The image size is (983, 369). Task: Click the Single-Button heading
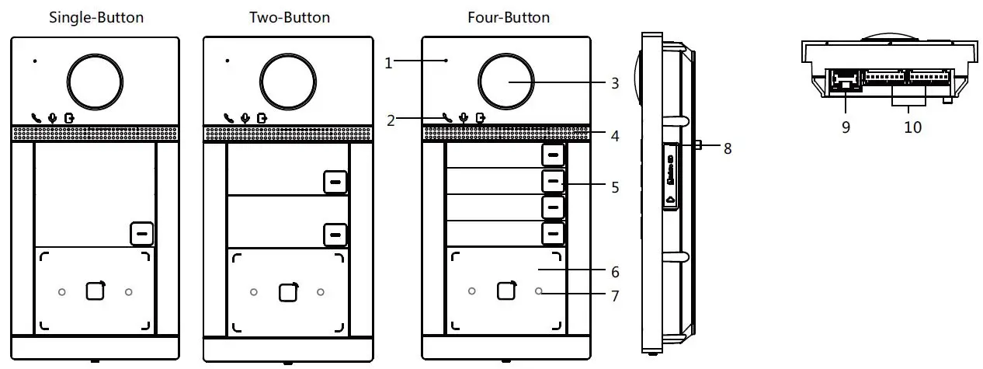(x=96, y=18)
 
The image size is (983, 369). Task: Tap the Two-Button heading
(x=290, y=18)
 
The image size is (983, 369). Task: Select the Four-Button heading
(x=509, y=18)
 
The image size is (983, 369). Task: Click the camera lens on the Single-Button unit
(x=95, y=82)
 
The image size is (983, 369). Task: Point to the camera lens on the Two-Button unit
(x=288, y=82)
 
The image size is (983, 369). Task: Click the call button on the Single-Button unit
(x=142, y=234)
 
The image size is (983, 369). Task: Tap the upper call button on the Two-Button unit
(x=335, y=182)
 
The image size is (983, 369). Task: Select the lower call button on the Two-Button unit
(x=335, y=235)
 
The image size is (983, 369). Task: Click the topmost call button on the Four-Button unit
(x=553, y=155)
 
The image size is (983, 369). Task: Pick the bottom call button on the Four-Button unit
(x=553, y=233)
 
